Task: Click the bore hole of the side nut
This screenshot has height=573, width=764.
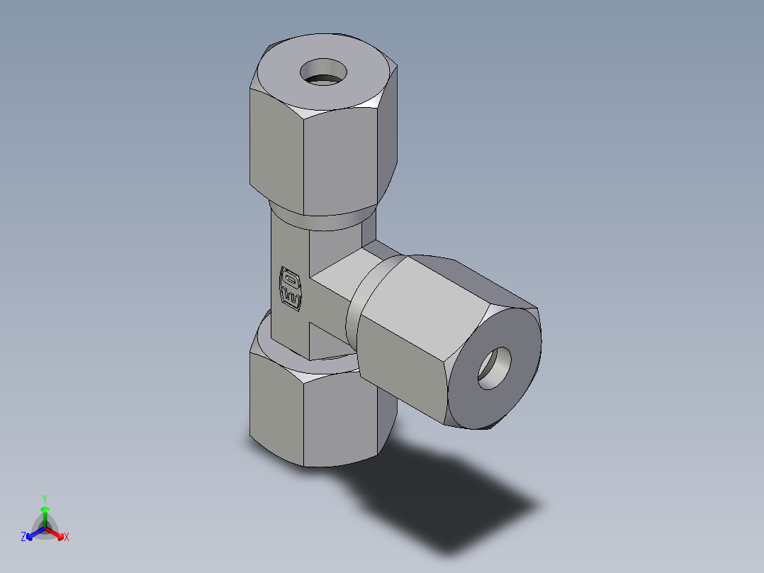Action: point(494,368)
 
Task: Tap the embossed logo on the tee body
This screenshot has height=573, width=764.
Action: point(291,288)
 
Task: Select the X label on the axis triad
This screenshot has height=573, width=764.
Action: point(67,538)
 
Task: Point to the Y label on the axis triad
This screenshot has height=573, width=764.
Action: point(44,499)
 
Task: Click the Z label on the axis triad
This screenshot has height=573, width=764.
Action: point(23,538)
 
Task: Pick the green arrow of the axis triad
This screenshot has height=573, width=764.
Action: point(44,514)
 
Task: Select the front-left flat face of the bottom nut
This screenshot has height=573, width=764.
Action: point(276,408)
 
